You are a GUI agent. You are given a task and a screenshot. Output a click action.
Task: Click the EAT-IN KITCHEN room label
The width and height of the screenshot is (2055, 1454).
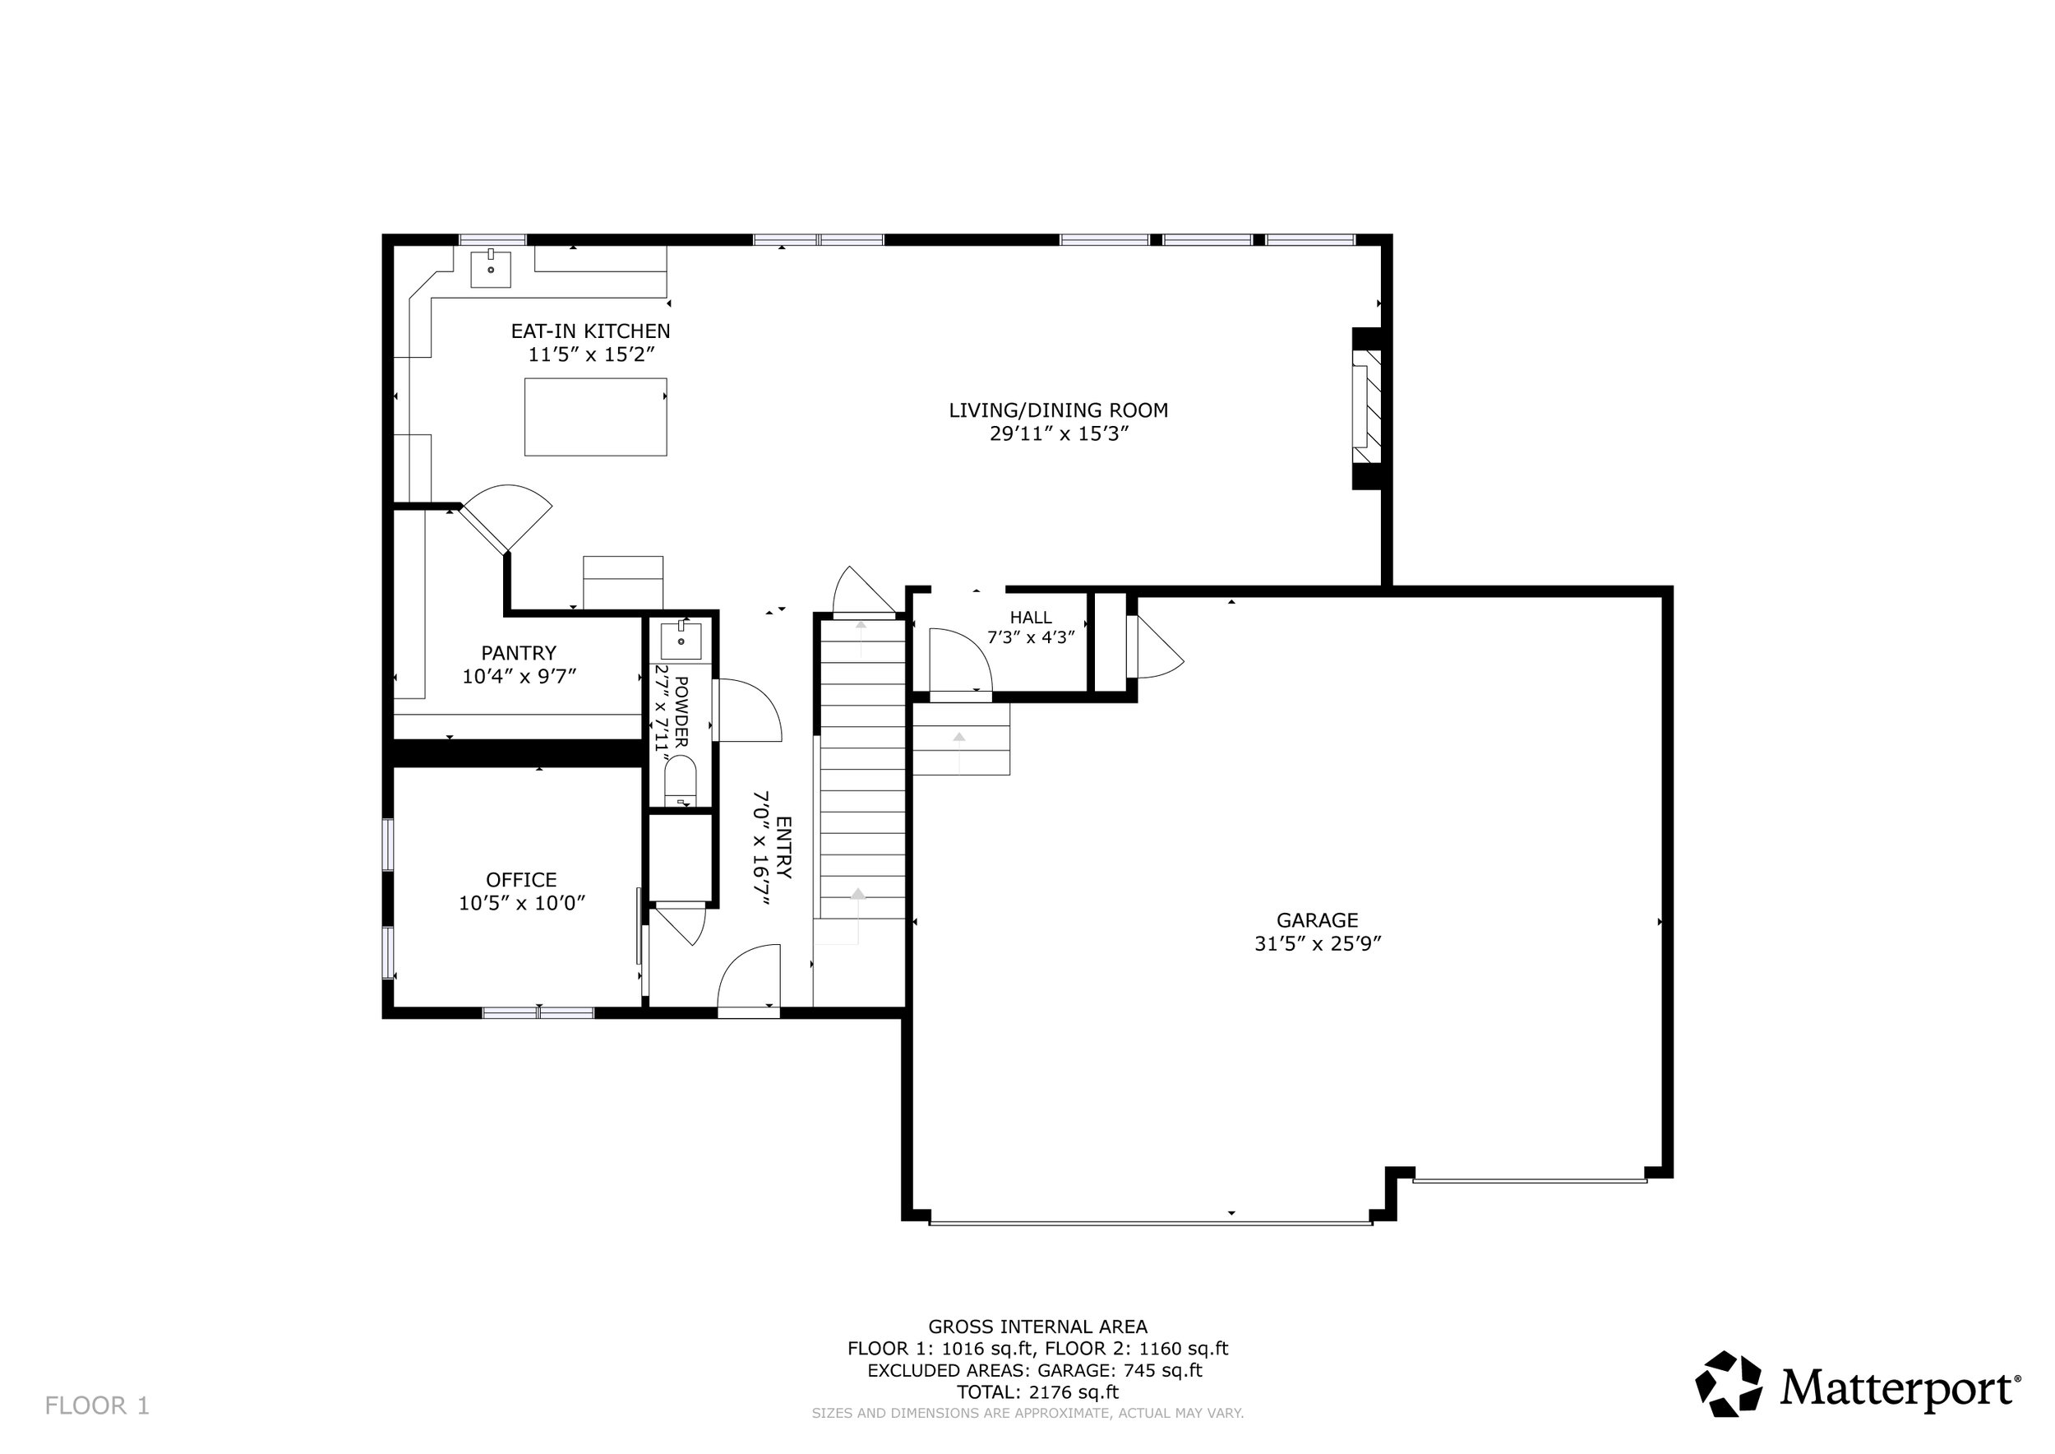click(590, 331)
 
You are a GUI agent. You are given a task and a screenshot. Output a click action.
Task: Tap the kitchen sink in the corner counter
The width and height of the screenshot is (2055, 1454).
click(491, 269)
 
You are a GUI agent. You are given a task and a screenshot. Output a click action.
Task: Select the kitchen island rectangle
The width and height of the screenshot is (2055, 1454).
click(595, 417)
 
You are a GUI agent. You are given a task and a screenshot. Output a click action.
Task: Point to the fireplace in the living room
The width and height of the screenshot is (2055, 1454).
click(1367, 408)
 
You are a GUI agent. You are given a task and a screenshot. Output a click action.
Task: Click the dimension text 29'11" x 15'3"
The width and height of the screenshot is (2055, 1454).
click(1058, 434)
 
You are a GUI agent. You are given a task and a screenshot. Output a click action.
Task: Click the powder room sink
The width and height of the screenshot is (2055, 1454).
click(681, 641)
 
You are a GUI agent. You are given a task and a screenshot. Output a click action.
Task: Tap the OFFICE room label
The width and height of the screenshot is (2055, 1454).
click(521, 880)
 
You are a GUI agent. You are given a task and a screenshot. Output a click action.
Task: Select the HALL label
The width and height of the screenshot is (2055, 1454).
click(1030, 617)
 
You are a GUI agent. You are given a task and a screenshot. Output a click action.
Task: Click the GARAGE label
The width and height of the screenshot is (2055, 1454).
click(1317, 919)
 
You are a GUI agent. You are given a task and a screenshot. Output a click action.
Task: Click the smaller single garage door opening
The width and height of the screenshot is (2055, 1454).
click(1530, 1181)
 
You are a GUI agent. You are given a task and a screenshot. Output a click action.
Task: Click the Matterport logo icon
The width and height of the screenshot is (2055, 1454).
click(1729, 1383)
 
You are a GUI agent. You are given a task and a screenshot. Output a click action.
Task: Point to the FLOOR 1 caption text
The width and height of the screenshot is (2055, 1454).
click(97, 1405)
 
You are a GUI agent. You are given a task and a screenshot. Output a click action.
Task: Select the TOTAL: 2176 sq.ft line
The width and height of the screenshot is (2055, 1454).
click(1037, 1392)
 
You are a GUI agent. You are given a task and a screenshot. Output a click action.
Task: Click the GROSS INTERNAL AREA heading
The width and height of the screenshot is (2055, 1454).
click(1037, 1327)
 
